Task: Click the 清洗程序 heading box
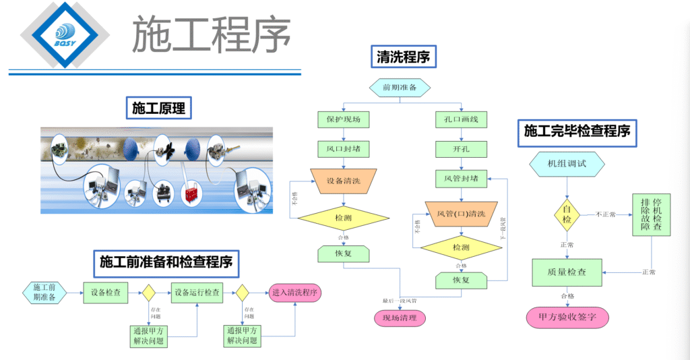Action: click(x=404, y=57)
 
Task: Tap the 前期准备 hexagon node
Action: click(x=400, y=87)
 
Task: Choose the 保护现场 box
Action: click(x=344, y=120)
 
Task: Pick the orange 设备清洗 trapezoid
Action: click(x=344, y=181)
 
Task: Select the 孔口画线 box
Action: click(x=461, y=120)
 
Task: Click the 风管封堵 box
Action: click(x=461, y=179)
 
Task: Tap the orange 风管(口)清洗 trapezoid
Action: click(x=461, y=214)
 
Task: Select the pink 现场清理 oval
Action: click(x=400, y=318)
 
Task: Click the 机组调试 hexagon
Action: click(x=567, y=164)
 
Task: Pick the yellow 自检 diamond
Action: click(x=567, y=214)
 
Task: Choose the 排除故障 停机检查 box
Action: click(x=652, y=215)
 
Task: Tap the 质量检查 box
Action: click(x=567, y=272)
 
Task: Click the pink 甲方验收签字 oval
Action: click(x=567, y=316)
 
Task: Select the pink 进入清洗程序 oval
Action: click(x=295, y=293)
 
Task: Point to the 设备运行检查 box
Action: click(x=197, y=293)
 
